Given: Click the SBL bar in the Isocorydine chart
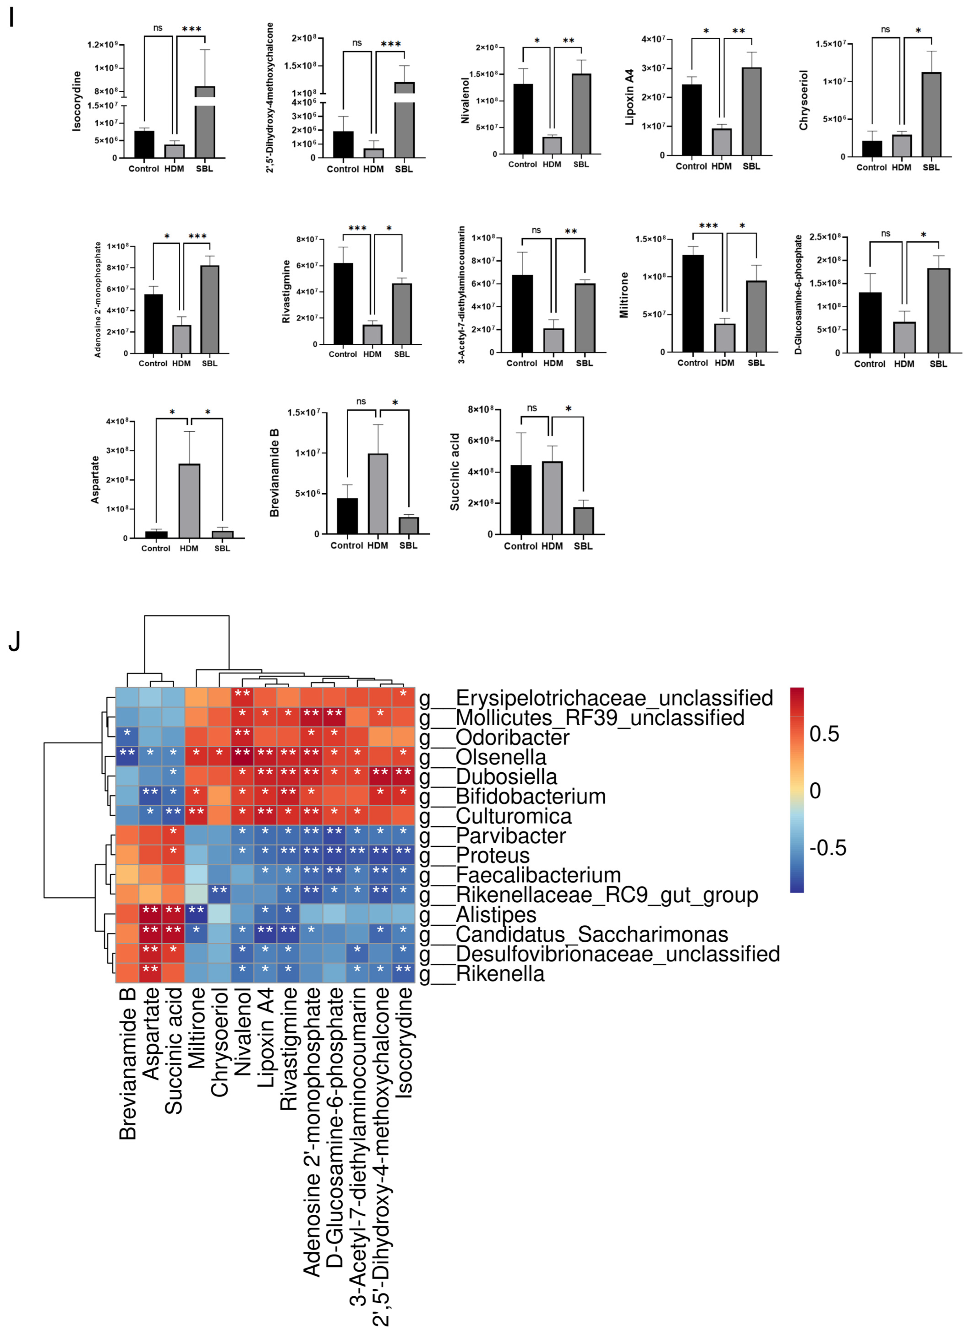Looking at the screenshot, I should pyautogui.click(x=205, y=126).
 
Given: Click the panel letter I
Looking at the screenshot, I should pyautogui.click(x=11, y=19).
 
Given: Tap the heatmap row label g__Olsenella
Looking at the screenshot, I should pyautogui.click(x=500, y=757).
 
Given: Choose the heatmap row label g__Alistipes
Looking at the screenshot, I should pyautogui.click(x=496, y=915).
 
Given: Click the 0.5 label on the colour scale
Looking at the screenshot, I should pyautogui.click(x=824, y=734).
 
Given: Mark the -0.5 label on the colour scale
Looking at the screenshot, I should pyautogui.click(x=827, y=848).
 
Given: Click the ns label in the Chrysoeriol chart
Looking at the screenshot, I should pyautogui.click(x=885, y=29).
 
